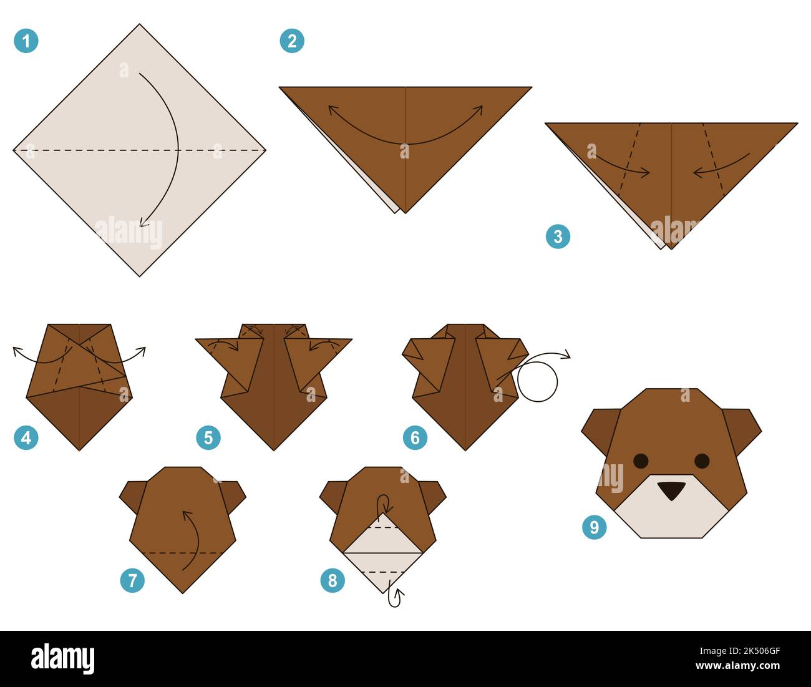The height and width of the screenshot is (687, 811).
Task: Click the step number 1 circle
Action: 26,41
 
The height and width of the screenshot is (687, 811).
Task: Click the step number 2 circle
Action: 292,41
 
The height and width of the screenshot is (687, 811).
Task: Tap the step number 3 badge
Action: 558,236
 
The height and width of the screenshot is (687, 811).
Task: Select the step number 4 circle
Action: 26,437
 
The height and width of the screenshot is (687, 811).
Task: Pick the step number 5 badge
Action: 208,437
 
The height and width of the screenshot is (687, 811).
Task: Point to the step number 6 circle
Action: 415,437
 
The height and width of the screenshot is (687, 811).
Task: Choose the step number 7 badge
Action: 132,581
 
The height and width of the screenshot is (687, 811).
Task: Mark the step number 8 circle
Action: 333,581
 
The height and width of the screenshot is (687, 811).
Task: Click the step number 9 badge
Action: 594,527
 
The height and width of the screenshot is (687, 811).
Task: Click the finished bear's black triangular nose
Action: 671,490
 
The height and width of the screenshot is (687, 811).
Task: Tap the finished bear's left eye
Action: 641,461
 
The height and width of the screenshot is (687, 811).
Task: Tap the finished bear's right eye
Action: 702,461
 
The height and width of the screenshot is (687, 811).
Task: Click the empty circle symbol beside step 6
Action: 537,382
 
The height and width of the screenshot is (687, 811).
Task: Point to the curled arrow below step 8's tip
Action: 394,597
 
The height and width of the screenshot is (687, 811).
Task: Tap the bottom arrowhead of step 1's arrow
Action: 143,222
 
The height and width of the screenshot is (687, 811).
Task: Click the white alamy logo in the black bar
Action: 62,659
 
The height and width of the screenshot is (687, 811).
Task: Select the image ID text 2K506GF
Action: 745,651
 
